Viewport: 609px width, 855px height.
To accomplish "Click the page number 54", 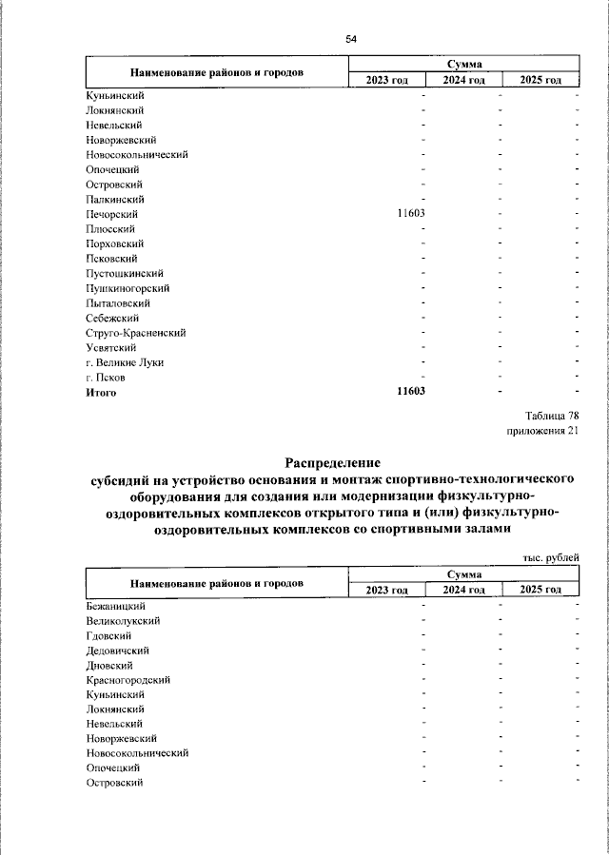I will [351, 39].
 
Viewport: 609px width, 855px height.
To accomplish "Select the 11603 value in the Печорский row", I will [410, 214].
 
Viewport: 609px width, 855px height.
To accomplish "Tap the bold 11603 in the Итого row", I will [410, 392].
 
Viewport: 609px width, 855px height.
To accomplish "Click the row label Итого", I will [101, 392].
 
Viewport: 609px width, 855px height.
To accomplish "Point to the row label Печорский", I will [112, 214].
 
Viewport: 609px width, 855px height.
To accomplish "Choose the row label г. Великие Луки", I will [125, 362].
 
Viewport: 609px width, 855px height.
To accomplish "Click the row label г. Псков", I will [105, 378].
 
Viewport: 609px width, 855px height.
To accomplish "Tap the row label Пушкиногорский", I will [128, 288].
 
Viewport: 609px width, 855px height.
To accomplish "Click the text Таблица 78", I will [551, 416].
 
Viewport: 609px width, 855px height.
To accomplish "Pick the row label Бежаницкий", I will [115, 605].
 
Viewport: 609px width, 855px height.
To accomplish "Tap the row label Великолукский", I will [123, 620].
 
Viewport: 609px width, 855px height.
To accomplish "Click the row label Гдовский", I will [108, 634].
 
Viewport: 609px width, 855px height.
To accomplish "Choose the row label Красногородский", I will [128, 679].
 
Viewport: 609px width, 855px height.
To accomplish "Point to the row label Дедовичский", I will [117, 650].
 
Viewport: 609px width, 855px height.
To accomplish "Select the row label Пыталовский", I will [118, 303].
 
